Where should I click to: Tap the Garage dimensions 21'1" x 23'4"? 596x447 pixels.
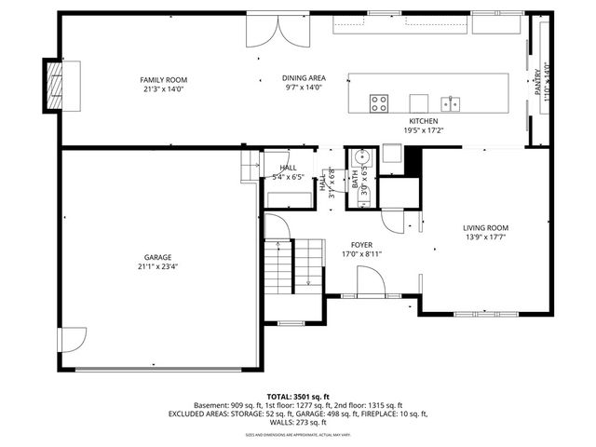pyautogui.click(x=157, y=266)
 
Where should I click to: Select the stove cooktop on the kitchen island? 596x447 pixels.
pyautogui.click(x=379, y=102)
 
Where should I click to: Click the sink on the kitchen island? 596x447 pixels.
pyautogui.click(x=449, y=102)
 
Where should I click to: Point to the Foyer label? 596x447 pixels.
pyautogui.click(x=362, y=244)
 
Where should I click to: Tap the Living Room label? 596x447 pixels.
pyautogui.click(x=486, y=227)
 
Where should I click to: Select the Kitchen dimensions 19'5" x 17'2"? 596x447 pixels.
pyautogui.click(x=424, y=130)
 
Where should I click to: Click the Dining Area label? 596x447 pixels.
pyautogui.click(x=303, y=78)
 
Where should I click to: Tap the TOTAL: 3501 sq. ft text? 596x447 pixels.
pyautogui.click(x=298, y=396)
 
